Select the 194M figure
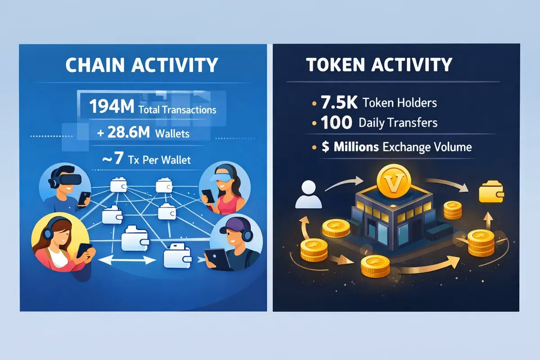[x=112, y=107]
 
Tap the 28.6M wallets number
[x=128, y=132]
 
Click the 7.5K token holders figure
[x=339, y=103]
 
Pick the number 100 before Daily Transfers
[x=336, y=122]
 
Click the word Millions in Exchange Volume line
[x=356, y=147]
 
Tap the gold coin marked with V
[x=393, y=181]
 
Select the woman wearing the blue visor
[x=225, y=188]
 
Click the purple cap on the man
[x=234, y=225]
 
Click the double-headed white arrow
[x=127, y=260]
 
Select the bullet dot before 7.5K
[x=314, y=103]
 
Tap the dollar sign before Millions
[x=325, y=147]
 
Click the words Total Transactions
[x=177, y=110]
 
